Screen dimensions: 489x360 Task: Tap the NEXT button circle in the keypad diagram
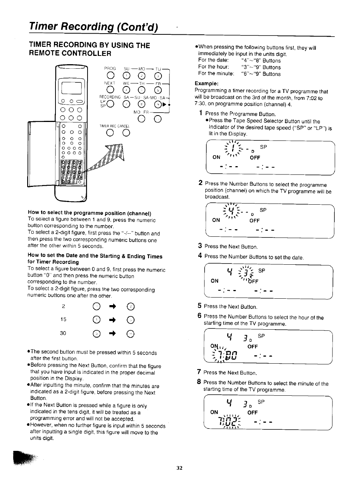[x=110, y=90]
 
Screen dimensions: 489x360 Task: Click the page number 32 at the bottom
[x=180, y=468]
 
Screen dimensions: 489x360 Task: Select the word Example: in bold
[x=206, y=83]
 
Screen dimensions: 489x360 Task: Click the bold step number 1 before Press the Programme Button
[x=201, y=113]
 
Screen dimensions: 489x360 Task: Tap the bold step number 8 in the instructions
[x=199, y=382]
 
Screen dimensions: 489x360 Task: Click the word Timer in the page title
[x=44, y=27]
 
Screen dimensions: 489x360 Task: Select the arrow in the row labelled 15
[x=113, y=319]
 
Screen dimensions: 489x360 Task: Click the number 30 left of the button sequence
[x=63, y=333]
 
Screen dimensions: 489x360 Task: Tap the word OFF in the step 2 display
[x=254, y=221]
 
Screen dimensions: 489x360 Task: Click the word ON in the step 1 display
[x=217, y=157]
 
